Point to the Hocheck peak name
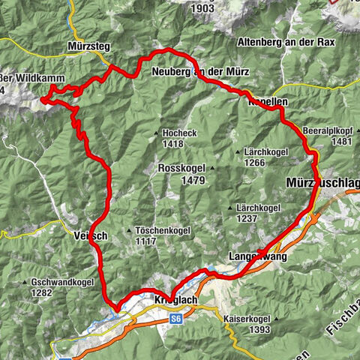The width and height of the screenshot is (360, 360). tap(178, 133)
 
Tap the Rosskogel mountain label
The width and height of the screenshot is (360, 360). tap(177, 169)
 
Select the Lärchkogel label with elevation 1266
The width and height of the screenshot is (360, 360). tap(266, 151)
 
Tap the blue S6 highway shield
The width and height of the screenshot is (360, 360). tap(175, 319)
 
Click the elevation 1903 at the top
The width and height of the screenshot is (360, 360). tap(202, 8)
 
